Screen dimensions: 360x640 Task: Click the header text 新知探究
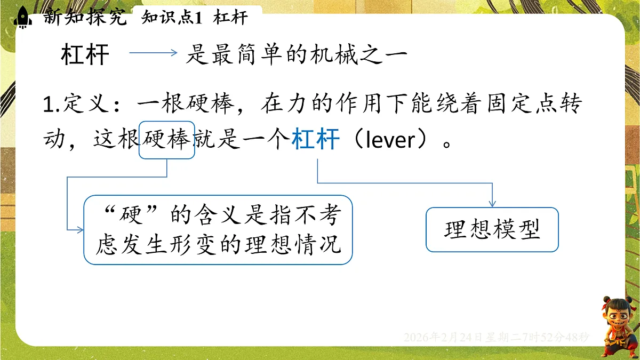[86, 17]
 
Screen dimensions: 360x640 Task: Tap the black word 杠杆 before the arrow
[85, 55]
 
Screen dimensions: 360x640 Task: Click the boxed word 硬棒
[166, 140]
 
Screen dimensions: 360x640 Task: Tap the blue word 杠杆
[316, 140]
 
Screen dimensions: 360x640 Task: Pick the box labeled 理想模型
[492, 229]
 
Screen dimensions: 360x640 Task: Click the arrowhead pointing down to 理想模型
[492, 203]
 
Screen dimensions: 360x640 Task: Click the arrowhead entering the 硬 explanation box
[80, 230]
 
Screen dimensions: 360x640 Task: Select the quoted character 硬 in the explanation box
[132, 217]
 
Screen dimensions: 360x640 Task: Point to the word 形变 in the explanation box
[206, 245]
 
